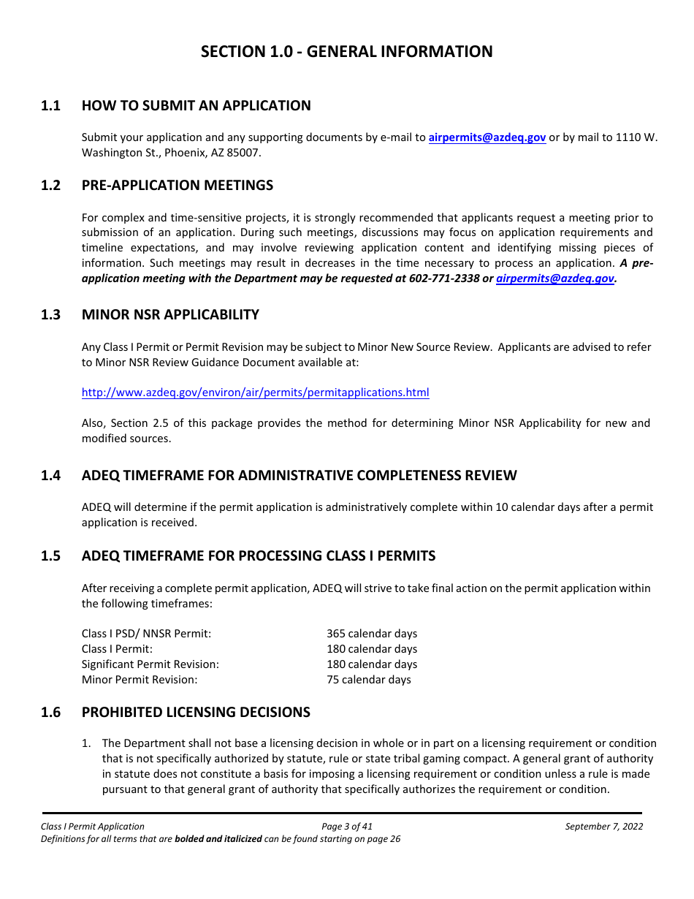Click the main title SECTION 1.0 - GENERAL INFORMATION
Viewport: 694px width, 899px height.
pyautogui.click(x=346, y=52)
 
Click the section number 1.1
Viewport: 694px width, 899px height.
pyautogui.click(x=50, y=106)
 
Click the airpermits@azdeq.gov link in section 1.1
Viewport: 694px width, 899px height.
pyautogui.click(x=487, y=137)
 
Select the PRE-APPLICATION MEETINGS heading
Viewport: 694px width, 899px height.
pyautogui.click(x=178, y=186)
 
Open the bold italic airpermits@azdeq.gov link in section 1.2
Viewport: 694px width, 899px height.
pyautogui.click(x=554, y=278)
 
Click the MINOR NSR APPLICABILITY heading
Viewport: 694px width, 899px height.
pyautogui.click(x=170, y=315)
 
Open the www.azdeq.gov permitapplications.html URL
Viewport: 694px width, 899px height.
pyautogui.click(x=255, y=392)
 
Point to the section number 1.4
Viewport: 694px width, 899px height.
pyautogui.click(x=50, y=476)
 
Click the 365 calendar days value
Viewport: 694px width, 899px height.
pyautogui.click(x=372, y=634)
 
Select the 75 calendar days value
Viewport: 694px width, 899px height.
pyautogui.click(x=369, y=680)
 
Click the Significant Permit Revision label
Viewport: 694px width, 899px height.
pyautogui.click(x=150, y=664)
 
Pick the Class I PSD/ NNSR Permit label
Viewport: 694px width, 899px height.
pyautogui.click(x=146, y=634)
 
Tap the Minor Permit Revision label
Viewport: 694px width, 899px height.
pyautogui.click(x=140, y=680)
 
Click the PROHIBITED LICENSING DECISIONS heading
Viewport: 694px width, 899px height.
pyautogui.click(x=196, y=713)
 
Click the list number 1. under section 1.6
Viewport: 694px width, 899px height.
pyautogui.click(x=86, y=743)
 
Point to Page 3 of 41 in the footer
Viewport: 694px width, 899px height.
pyautogui.click(x=347, y=827)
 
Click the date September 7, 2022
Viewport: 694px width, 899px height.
pyautogui.click(x=603, y=827)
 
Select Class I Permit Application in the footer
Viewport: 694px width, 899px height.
pyautogui.click(x=93, y=827)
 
